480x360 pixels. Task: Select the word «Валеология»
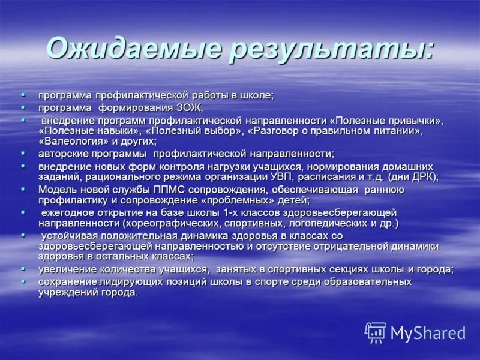[x=72, y=142]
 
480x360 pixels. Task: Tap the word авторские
[x=64, y=154]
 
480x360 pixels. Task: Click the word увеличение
[x=65, y=269]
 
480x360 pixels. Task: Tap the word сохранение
[x=65, y=281]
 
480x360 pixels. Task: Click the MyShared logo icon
[x=376, y=332]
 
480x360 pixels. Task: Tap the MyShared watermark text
[x=428, y=333]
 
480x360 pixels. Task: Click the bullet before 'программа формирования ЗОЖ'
[x=23, y=107]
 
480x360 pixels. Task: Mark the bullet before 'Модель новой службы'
[x=23, y=189]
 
